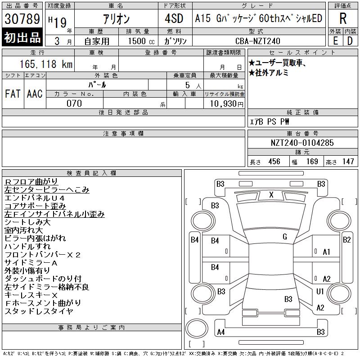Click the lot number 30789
point(22,18)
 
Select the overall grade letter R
point(343,18)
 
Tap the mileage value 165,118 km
point(46,64)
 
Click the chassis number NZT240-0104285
point(302,143)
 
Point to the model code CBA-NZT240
point(257,41)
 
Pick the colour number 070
point(74,103)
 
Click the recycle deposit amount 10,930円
point(226,103)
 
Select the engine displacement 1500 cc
point(141,41)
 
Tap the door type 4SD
point(174,18)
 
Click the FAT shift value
point(13,94)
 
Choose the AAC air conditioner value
point(35,94)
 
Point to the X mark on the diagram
point(271,195)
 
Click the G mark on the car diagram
point(285,237)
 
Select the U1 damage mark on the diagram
point(320,291)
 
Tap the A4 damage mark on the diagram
point(221,332)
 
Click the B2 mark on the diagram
point(346,240)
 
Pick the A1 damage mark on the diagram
point(326,252)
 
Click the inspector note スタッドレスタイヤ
point(39,311)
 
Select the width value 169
point(312,162)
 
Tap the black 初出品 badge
point(22,37)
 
